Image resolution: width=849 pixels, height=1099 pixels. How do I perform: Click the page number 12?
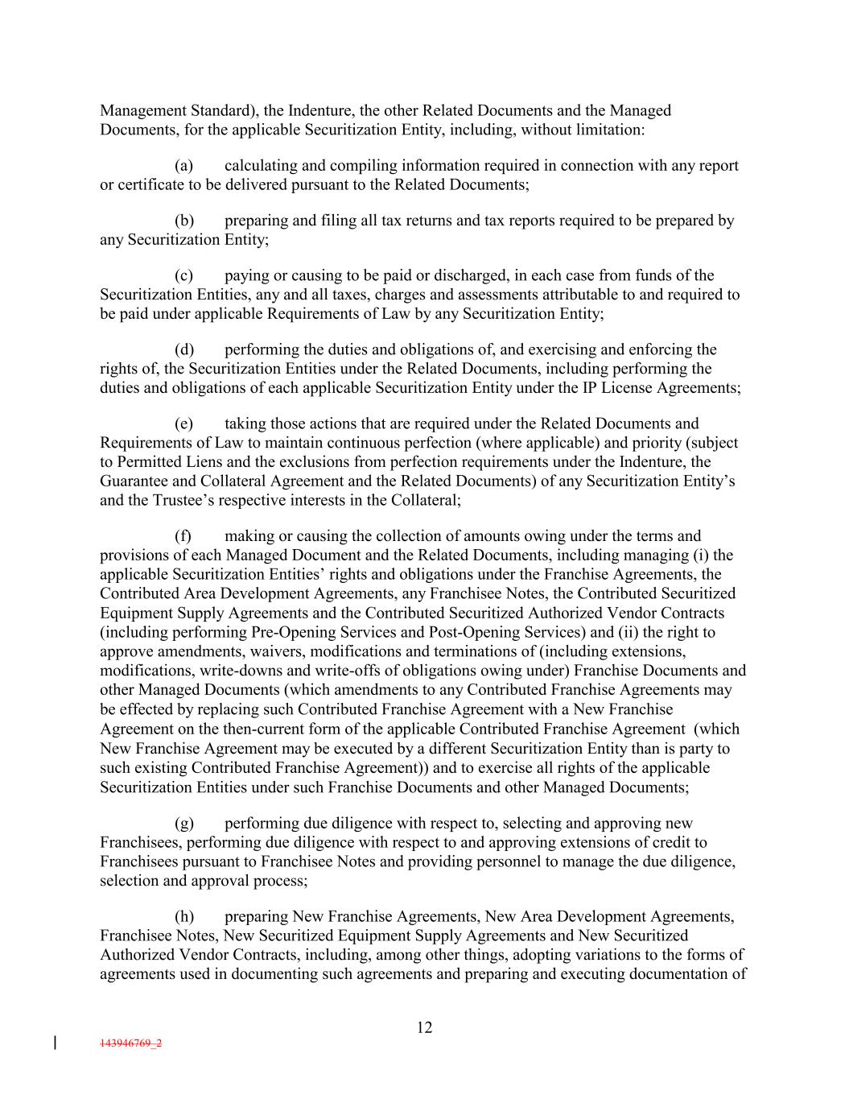point(425,1027)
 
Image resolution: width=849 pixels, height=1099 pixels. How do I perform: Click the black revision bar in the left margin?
point(54,1043)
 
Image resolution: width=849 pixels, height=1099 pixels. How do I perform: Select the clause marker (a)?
point(183,166)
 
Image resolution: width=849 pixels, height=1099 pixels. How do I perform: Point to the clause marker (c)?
point(183,275)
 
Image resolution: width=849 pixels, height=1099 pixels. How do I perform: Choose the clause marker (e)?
point(183,423)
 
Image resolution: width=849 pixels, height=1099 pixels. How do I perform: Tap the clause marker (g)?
point(183,823)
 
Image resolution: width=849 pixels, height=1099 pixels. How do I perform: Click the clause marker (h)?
point(183,916)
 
